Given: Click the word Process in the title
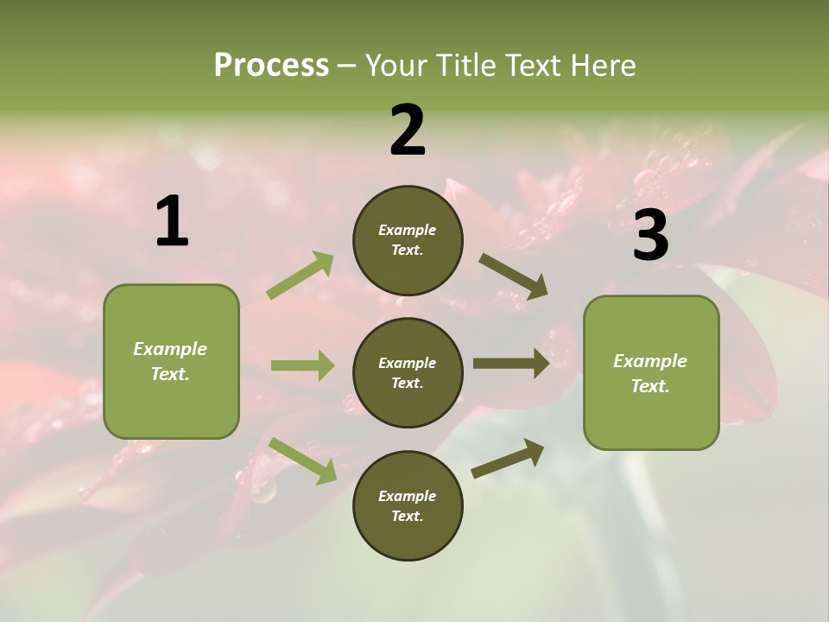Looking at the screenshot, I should (271, 66).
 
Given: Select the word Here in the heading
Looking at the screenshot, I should (602, 66).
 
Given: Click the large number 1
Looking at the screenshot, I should (172, 222).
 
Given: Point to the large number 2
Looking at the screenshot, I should (408, 130).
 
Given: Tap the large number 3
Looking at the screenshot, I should (650, 236).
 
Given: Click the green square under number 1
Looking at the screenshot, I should (171, 361).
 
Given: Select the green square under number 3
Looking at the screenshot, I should (651, 372).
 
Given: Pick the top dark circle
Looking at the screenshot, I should (408, 240).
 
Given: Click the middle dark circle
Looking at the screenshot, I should (408, 372).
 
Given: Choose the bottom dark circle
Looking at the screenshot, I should (408, 505).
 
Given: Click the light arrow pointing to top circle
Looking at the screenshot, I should (301, 276).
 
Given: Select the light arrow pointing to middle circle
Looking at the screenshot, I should (302, 365).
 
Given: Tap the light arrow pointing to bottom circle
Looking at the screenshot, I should (303, 460).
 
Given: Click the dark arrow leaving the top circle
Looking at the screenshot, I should (514, 276).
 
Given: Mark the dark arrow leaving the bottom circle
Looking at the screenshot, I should (508, 458).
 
